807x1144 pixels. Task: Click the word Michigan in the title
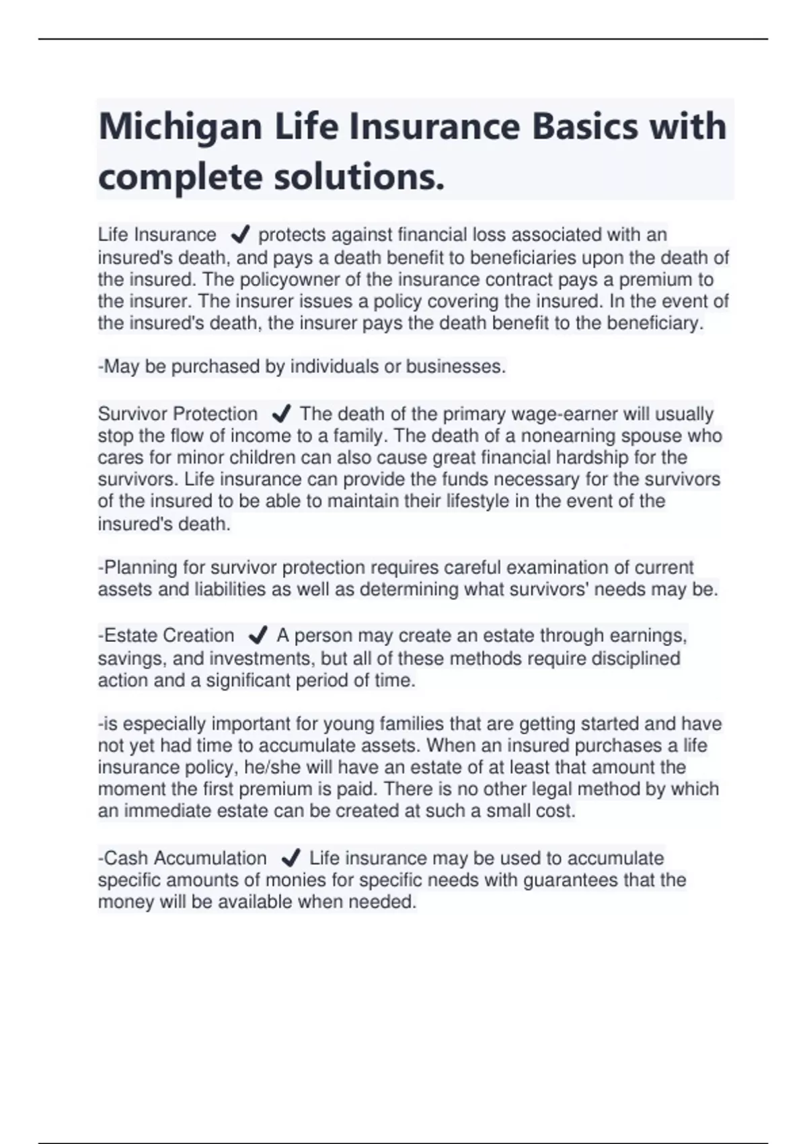click(x=180, y=127)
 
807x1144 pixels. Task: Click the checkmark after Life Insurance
click(x=240, y=235)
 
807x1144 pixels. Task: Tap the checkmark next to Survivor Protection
click(x=281, y=413)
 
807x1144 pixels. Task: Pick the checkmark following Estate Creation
click(x=258, y=635)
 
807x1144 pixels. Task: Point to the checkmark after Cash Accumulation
click(x=291, y=858)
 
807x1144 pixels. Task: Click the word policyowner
click(x=256, y=279)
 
